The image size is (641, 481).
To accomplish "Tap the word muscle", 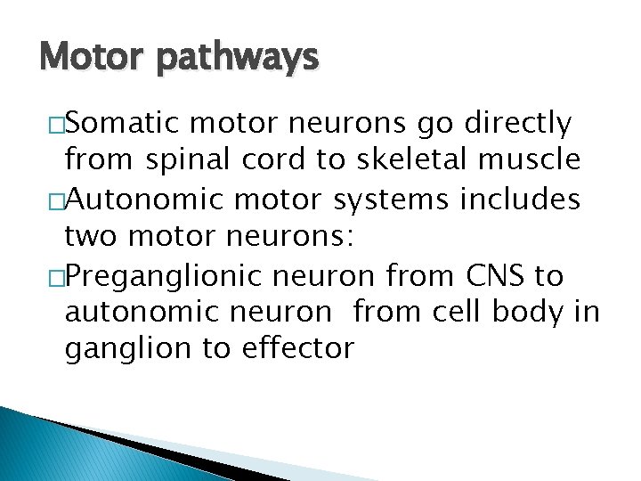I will point(536,160).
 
